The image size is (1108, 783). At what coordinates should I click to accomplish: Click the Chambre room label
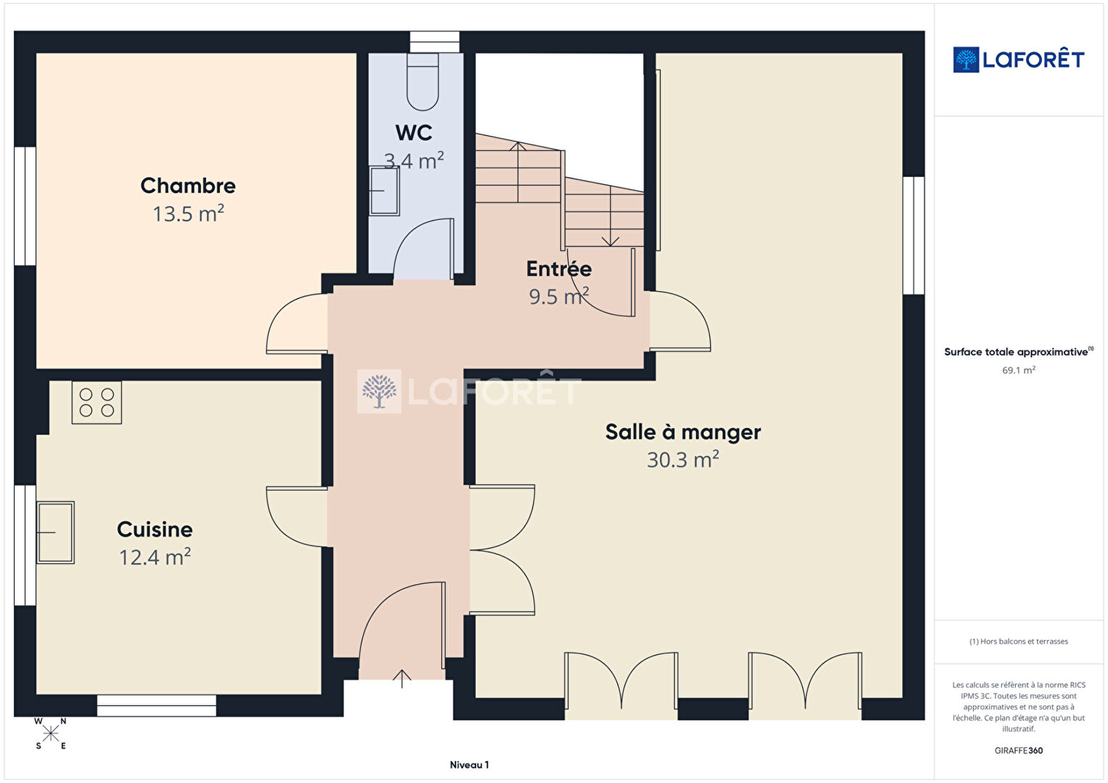click(188, 186)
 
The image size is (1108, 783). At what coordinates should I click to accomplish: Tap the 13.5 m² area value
click(188, 214)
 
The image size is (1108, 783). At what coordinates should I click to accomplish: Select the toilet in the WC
click(423, 81)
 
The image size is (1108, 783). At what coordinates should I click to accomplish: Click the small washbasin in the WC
click(384, 191)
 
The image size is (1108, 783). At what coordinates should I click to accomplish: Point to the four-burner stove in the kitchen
click(97, 402)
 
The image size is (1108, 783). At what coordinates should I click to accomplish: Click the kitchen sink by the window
click(55, 533)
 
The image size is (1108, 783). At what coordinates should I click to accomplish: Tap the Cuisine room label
click(155, 530)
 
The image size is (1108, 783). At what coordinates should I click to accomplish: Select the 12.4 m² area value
click(155, 557)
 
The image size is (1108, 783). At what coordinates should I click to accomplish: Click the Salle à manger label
click(683, 432)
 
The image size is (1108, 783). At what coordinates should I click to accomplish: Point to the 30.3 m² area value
click(683, 460)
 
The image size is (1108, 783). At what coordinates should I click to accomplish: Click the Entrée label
click(559, 269)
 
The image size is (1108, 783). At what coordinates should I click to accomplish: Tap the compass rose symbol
click(50, 734)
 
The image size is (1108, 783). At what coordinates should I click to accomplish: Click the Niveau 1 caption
click(470, 765)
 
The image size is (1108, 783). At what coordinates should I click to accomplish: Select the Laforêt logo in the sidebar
click(1019, 60)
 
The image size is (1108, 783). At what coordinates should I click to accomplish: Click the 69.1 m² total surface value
click(1019, 370)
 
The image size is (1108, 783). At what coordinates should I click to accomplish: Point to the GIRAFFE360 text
click(1019, 750)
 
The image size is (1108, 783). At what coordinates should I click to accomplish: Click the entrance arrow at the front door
click(402, 679)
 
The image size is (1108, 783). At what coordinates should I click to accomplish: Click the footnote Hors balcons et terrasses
click(1019, 641)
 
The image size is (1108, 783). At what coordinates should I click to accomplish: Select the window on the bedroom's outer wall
click(25, 206)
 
